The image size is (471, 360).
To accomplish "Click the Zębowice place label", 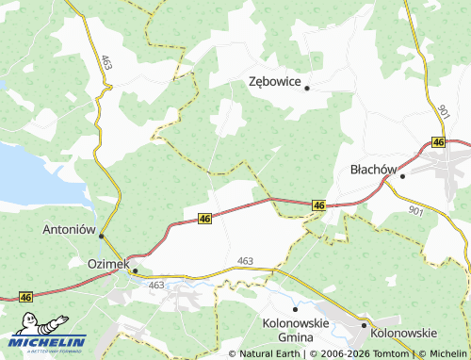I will tap(274, 82).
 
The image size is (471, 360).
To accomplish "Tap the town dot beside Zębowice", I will tap(307, 88).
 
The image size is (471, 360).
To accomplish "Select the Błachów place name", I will tap(370, 170).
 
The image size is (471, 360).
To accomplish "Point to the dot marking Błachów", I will tap(402, 175).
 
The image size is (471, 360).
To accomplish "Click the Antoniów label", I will tap(71, 229).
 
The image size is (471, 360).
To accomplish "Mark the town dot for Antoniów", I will tap(102, 236).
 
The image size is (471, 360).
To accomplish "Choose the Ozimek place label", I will tap(107, 264).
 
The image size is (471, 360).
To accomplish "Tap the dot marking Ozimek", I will tap(135, 270).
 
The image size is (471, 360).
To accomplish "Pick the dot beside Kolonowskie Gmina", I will tap(295, 308).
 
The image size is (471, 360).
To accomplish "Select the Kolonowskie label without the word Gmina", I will tap(404, 333).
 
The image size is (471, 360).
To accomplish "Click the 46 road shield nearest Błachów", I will tap(438, 141).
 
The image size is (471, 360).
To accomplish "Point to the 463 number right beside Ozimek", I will tap(156, 285).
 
